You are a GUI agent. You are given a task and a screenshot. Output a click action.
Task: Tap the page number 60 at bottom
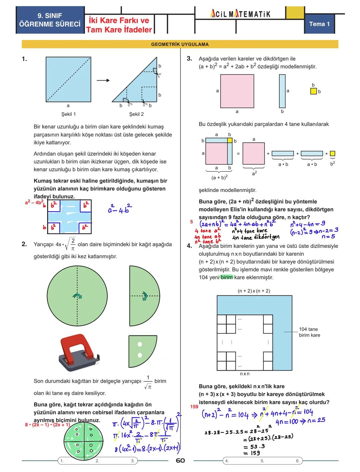pyautogui.click(x=180, y=461)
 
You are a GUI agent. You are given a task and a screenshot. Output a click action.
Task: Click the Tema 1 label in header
pyautogui.click(x=319, y=24)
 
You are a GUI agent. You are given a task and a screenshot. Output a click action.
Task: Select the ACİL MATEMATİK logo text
pyautogui.click(x=240, y=14)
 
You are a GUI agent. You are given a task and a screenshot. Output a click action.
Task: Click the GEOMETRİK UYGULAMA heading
pyautogui.click(x=180, y=44)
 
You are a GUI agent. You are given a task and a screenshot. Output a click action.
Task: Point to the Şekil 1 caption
pyautogui.click(x=68, y=114)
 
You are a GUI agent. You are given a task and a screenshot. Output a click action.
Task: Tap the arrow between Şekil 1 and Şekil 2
pyautogui.click(x=103, y=80)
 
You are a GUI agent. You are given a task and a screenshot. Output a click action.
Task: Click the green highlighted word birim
pyautogui.click(x=226, y=277)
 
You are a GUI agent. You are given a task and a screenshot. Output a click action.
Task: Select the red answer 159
pyautogui.click(x=194, y=407)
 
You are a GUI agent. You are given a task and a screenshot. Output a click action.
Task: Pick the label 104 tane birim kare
pyautogui.click(x=309, y=332)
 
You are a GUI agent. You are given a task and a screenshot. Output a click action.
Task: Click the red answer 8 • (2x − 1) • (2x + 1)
pyautogui.click(x=47, y=425)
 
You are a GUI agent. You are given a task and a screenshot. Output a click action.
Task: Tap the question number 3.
pyautogui.click(x=189, y=59)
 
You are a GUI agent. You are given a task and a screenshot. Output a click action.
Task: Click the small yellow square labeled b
pyautogui.click(x=313, y=91)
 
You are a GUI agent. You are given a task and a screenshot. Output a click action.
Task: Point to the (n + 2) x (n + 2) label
pyautogui.click(x=254, y=291)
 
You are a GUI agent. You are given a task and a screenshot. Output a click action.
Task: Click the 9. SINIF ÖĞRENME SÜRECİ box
pyautogui.click(x=50, y=20)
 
